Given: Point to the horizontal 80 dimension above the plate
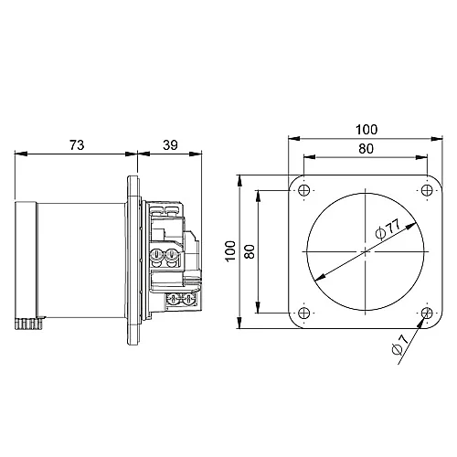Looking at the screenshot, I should click(x=365, y=148).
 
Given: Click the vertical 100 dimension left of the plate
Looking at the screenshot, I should click(x=230, y=251).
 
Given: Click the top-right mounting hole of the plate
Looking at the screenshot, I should click(x=427, y=190).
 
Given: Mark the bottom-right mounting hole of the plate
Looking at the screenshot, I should click(x=427, y=314).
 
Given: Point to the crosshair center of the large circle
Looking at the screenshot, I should click(x=365, y=251).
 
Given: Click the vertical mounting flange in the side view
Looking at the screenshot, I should click(x=134, y=251).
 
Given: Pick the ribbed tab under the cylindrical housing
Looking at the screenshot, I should click(x=30, y=324).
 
